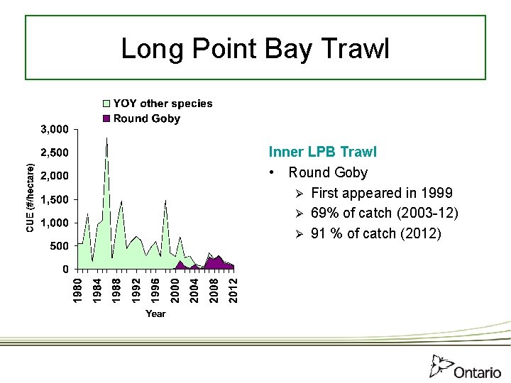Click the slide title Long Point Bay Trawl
point(255,48)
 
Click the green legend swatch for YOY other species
point(107,104)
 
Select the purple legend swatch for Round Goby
point(107,118)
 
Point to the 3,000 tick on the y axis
point(54,129)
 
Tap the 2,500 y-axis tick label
point(54,152)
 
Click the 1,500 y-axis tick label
point(54,199)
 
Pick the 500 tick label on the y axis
point(58,246)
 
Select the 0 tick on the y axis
point(65,269)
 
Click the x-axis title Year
point(155,313)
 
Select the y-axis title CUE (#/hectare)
point(31,199)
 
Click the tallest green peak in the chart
point(106,138)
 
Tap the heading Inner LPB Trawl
point(322,152)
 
